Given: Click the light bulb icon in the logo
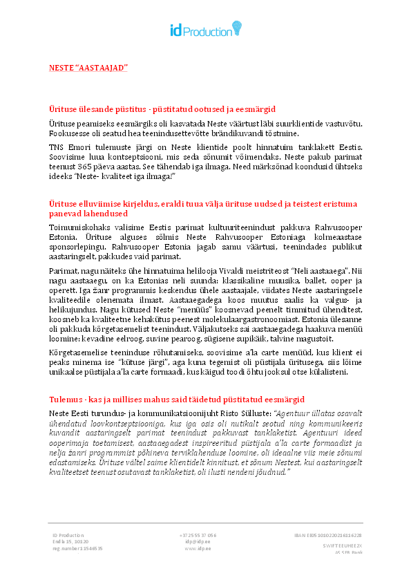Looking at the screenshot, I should click(236, 27).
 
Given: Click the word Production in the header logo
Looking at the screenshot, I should click(208, 29).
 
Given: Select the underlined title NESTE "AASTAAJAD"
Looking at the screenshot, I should click(88, 68).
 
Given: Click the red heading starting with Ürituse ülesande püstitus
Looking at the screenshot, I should click(162, 109).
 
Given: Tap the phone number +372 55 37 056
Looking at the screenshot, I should click(198, 535).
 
